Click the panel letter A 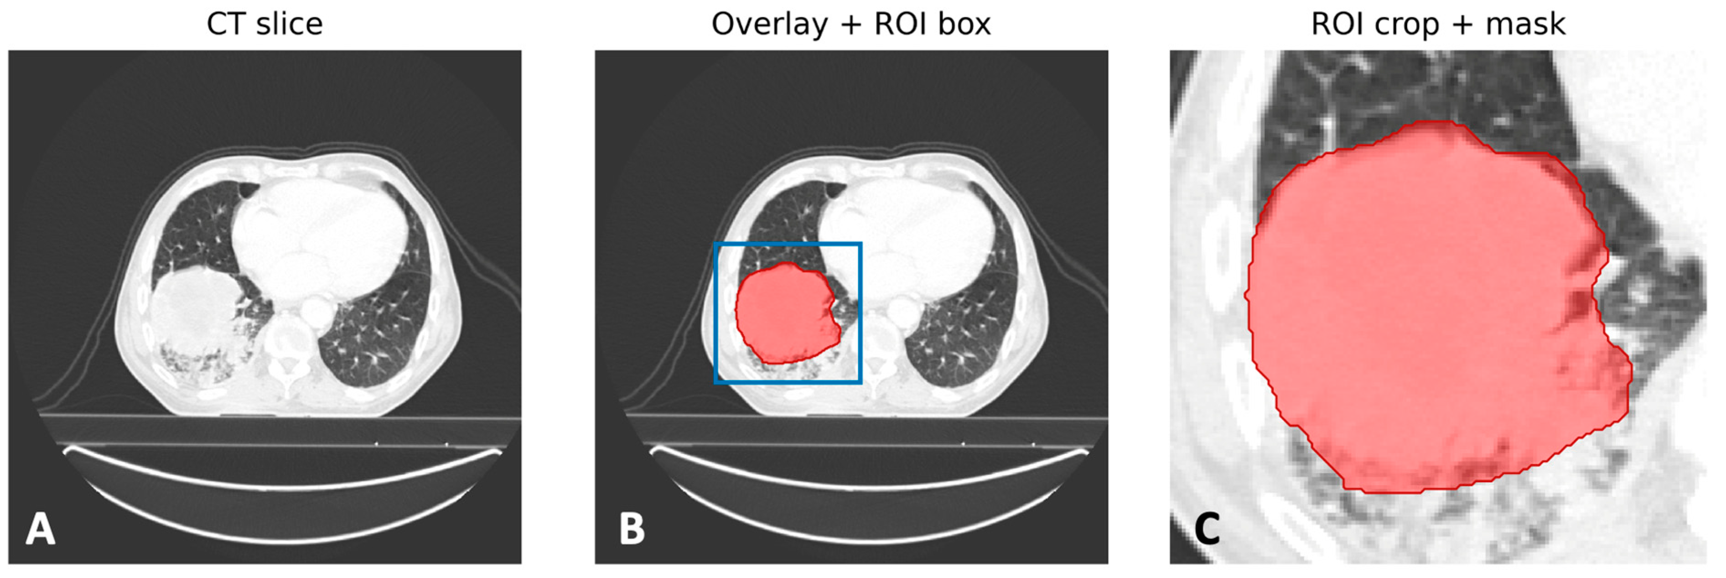(x=40, y=529)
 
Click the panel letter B (x=632, y=529)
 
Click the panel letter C (x=1208, y=529)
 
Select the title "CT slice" (x=264, y=24)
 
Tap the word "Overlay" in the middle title (x=769, y=25)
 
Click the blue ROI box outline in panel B (x=715, y=313)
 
